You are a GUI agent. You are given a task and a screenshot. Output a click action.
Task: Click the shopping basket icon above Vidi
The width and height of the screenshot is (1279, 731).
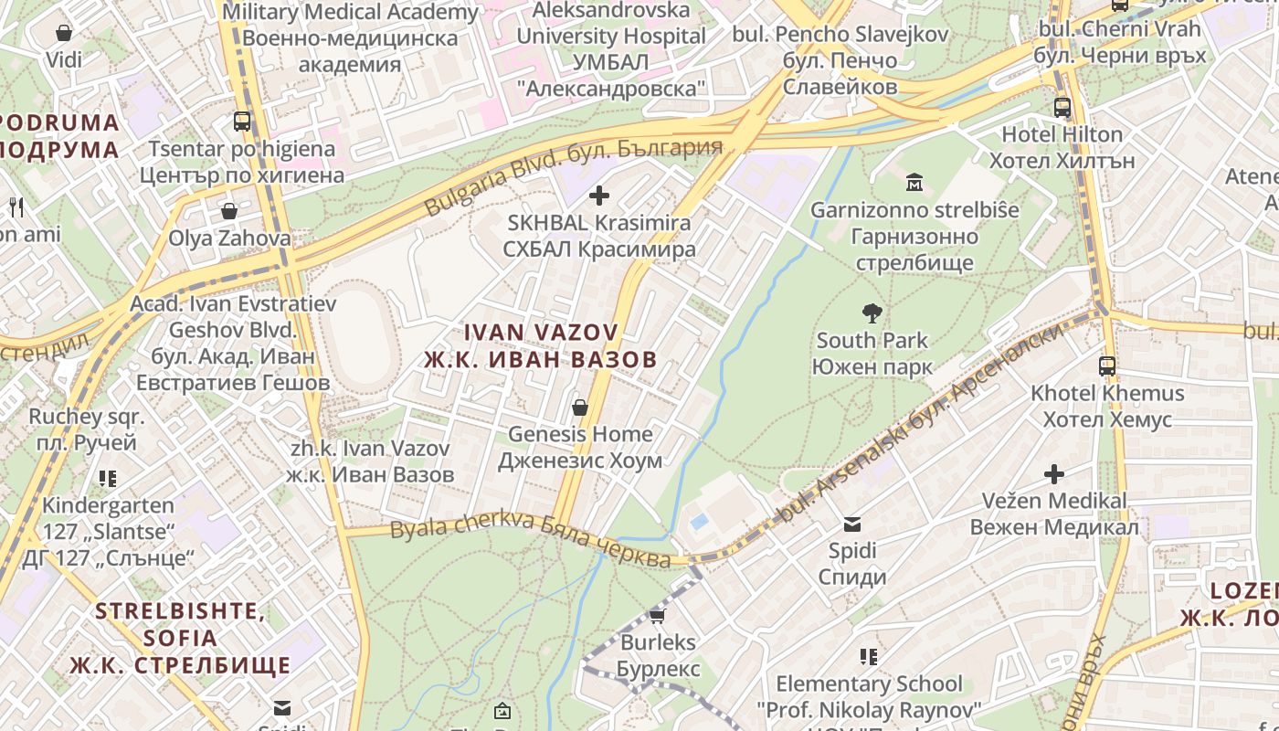tap(64, 34)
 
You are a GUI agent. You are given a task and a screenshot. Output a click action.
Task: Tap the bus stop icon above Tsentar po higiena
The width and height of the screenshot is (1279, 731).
tap(242, 122)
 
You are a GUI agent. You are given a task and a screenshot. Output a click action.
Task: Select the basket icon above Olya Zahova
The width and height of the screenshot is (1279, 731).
tap(229, 211)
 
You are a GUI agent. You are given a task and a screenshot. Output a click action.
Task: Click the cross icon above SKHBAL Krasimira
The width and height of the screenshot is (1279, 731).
tap(599, 196)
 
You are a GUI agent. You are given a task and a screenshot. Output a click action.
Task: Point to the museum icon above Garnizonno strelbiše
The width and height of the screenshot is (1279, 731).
tap(914, 183)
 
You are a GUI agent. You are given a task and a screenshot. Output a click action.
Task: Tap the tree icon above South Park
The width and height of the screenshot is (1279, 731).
tap(872, 313)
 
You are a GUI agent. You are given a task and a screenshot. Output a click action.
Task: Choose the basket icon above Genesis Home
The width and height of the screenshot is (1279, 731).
tap(579, 408)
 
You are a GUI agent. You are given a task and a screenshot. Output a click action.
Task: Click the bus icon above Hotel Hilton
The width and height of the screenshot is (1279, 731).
tap(1062, 107)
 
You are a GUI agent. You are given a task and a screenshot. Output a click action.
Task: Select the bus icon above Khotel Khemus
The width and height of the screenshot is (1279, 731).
tap(1107, 366)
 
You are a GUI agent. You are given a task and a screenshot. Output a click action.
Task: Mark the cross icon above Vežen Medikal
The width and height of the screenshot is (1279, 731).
tap(1054, 474)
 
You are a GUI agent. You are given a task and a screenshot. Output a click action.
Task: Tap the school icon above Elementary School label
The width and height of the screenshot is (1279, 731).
tap(869, 657)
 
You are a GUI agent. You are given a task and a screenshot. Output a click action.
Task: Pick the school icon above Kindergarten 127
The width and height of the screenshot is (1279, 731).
tap(108, 479)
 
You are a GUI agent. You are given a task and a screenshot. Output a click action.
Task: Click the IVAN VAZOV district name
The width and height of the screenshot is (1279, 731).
tap(541, 345)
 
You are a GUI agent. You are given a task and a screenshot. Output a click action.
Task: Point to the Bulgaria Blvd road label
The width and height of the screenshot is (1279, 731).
tap(573, 176)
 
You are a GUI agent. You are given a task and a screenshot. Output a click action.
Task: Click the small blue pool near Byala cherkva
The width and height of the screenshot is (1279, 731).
tap(700, 522)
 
